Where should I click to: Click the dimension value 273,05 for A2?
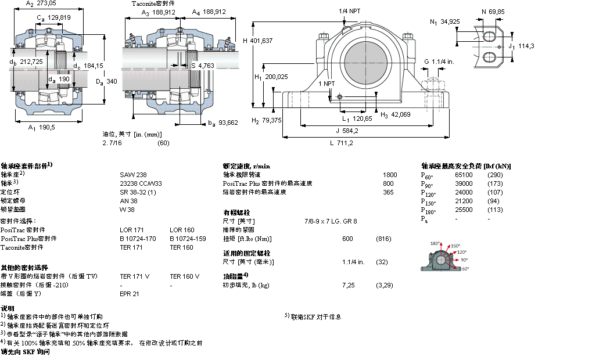[x=50, y=3]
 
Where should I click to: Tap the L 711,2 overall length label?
[x=342, y=143]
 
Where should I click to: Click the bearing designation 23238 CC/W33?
[x=141, y=183]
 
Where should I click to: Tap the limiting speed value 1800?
[x=390, y=174]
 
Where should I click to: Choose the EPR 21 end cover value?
[x=129, y=293]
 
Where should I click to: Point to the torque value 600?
[x=347, y=239]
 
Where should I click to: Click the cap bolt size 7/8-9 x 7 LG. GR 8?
[x=331, y=221]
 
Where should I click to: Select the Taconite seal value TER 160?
[x=181, y=247]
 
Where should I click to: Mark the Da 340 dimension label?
[x=106, y=81]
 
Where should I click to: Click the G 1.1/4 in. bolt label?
[x=439, y=62]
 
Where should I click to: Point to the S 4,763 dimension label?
[x=203, y=66]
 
